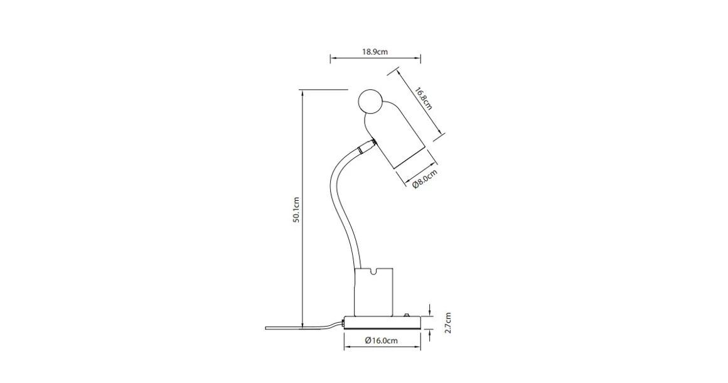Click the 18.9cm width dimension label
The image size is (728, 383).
click(x=375, y=51)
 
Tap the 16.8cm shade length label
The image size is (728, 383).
click(x=422, y=97)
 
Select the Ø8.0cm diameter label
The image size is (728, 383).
click(x=425, y=180)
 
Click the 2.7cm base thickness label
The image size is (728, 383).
click(x=447, y=323)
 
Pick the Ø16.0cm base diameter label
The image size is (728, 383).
click(x=381, y=340)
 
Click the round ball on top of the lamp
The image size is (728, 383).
click(x=370, y=102)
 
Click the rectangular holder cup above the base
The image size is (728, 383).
click(x=373, y=293)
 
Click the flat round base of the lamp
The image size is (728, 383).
click(x=382, y=323)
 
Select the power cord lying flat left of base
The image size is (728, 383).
click(x=295, y=327)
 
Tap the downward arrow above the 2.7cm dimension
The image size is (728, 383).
click(x=430, y=313)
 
